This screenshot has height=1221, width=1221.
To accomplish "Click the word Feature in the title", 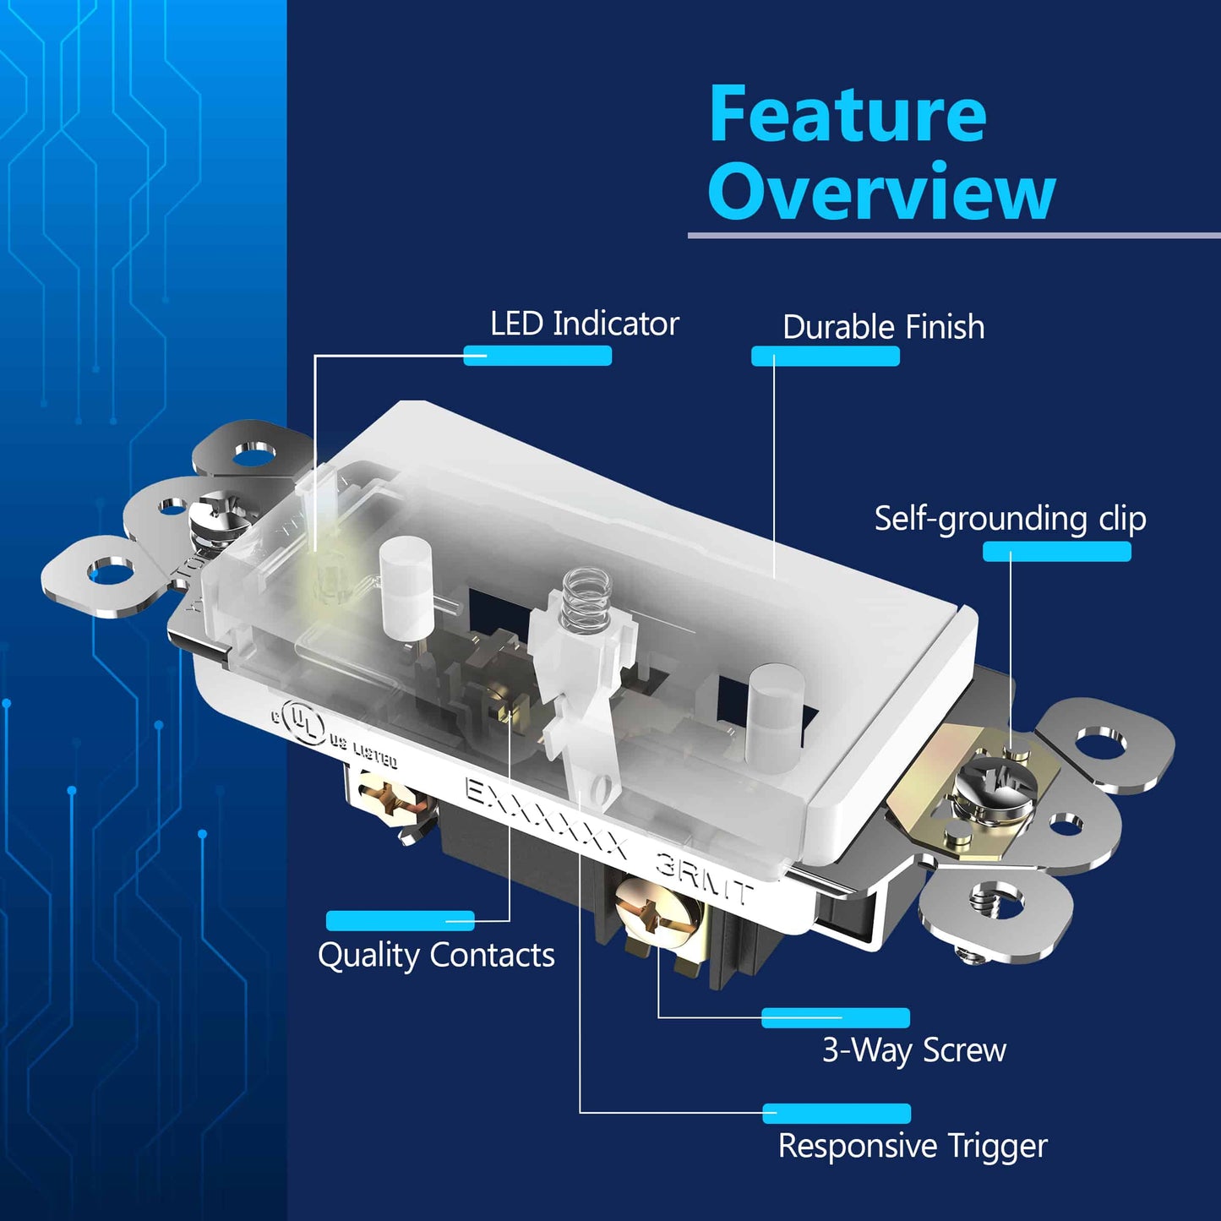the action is click(x=848, y=114).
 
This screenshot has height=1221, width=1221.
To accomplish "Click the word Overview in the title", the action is click(x=881, y=190).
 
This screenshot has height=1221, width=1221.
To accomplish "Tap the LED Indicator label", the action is click(x=584, y=323).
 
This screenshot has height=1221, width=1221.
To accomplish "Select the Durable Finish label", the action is click(x=883, y=327).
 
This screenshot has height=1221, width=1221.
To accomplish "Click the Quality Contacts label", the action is click(x=436, y=955).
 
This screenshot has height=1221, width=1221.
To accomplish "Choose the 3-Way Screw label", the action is click(x=913, y=1050).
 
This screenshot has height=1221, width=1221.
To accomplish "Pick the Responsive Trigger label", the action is click(x=913, y=1146).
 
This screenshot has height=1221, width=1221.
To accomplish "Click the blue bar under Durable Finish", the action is click(x=825, y=356).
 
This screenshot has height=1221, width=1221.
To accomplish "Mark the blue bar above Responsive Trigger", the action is click(x=837, y=1114).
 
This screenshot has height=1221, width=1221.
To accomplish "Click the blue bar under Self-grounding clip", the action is click(x=1056, y=551).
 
